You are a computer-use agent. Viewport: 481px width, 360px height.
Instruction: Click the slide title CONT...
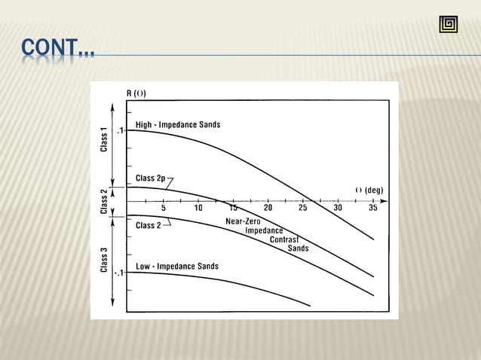click(x=57, y=50)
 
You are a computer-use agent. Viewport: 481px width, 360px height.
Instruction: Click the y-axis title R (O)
click(x=136, y=94)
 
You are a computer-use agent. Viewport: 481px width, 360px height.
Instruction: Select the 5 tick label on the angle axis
click(x=164, y=209)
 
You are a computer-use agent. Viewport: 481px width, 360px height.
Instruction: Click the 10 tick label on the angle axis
click(x=198, y=209)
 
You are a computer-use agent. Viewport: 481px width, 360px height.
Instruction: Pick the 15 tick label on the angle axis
click(x=233, y=209)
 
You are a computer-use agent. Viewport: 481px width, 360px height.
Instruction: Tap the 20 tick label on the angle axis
click(x=268, y=209)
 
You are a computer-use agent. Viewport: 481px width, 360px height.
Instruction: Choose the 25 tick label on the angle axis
click(x=302, y=209)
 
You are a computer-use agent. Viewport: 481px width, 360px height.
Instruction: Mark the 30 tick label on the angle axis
click(x=337, y=209)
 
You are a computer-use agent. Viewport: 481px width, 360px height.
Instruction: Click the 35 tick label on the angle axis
click(x=372, y=209)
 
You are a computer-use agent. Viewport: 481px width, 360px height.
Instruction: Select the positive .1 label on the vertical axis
click(x=119, y=130)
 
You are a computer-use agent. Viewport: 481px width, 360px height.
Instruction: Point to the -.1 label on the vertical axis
click(x=118, y=273)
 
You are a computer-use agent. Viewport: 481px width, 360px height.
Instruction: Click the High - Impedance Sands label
click(x=178, y=124)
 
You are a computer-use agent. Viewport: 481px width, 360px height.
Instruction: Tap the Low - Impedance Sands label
click(x=177, y=267)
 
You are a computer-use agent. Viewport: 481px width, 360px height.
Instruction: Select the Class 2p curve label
click(x=151, y=178)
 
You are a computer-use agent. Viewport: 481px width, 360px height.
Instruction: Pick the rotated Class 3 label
click(x=103, y=260)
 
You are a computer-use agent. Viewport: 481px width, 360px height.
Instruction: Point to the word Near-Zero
click(x=244, y=221)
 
